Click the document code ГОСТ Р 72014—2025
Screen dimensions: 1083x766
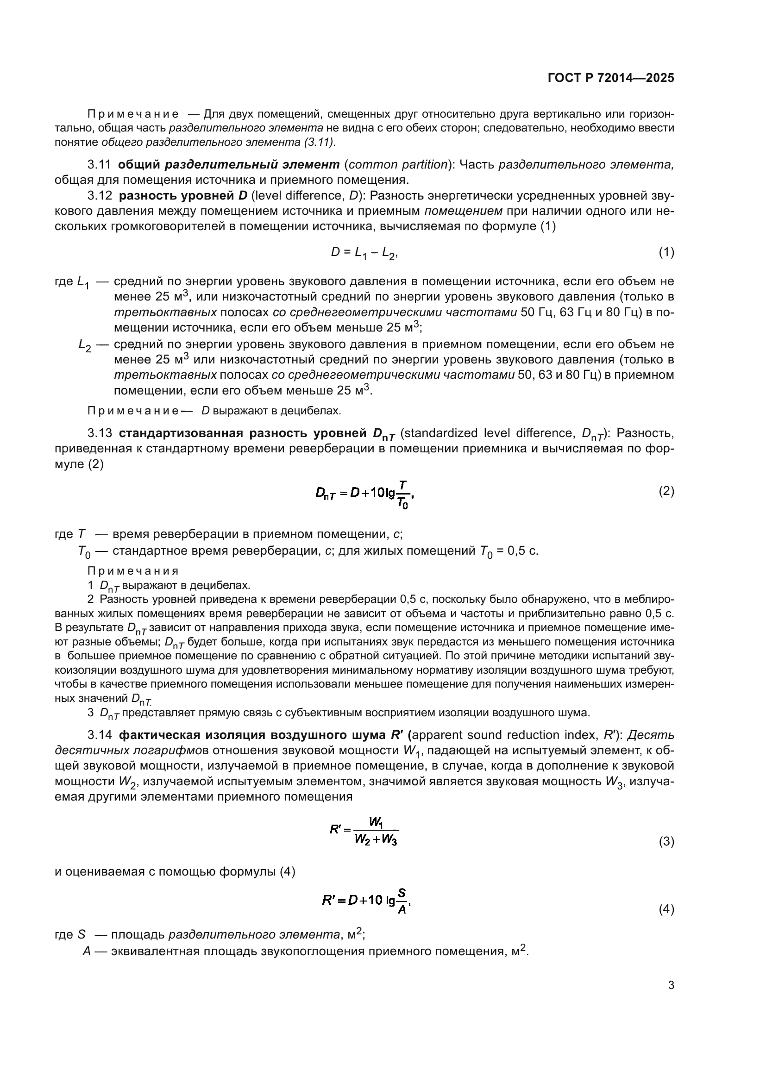click(611, 78)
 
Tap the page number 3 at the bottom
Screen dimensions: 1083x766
click(671, 985)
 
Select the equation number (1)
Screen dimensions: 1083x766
click(666, 252)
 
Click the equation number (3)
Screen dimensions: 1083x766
click(666, 841)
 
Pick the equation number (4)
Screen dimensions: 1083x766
click(666, 909)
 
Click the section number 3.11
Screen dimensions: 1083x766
click(99, 165)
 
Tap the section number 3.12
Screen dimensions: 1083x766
click(99, 195)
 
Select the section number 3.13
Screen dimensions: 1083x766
click(99, 433)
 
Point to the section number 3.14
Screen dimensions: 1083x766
click(99, 735)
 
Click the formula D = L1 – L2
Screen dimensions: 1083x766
click(364, 253)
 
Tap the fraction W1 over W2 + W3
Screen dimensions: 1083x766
click(376, 831)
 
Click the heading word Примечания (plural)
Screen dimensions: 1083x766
click(133, 571)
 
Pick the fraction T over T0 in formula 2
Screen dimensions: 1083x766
click(402, 495)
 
